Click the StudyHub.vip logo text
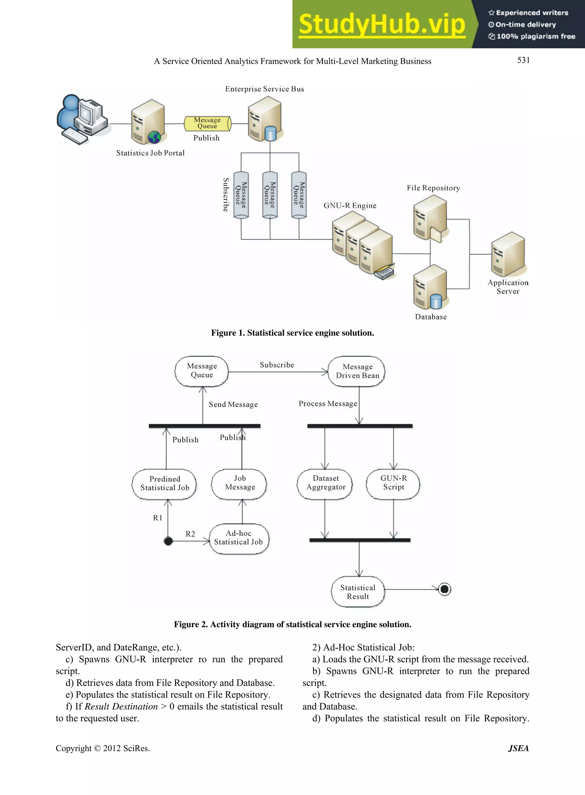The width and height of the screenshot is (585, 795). point(382,24)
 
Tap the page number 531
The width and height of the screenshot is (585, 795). point(523,60)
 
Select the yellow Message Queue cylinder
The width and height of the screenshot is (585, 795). point(207,123)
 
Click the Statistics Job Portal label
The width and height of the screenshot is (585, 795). point(150,153)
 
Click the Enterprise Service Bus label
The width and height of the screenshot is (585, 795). point(265,89)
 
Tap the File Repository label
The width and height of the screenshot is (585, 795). point(433,188)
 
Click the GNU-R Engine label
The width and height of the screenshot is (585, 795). point(350,206)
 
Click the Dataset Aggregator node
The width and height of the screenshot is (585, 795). point(325,483)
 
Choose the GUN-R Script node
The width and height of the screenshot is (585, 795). point(393,483)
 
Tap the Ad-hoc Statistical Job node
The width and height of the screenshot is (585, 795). point(239,538)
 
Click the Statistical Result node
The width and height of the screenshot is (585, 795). point(358,592)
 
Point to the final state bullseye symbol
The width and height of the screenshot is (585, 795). point(444,589)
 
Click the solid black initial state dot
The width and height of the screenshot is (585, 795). point(168,541)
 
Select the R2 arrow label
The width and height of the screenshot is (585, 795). point(190,534)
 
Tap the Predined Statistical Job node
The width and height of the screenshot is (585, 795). point(165,483)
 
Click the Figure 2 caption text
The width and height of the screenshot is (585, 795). point(292,625)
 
